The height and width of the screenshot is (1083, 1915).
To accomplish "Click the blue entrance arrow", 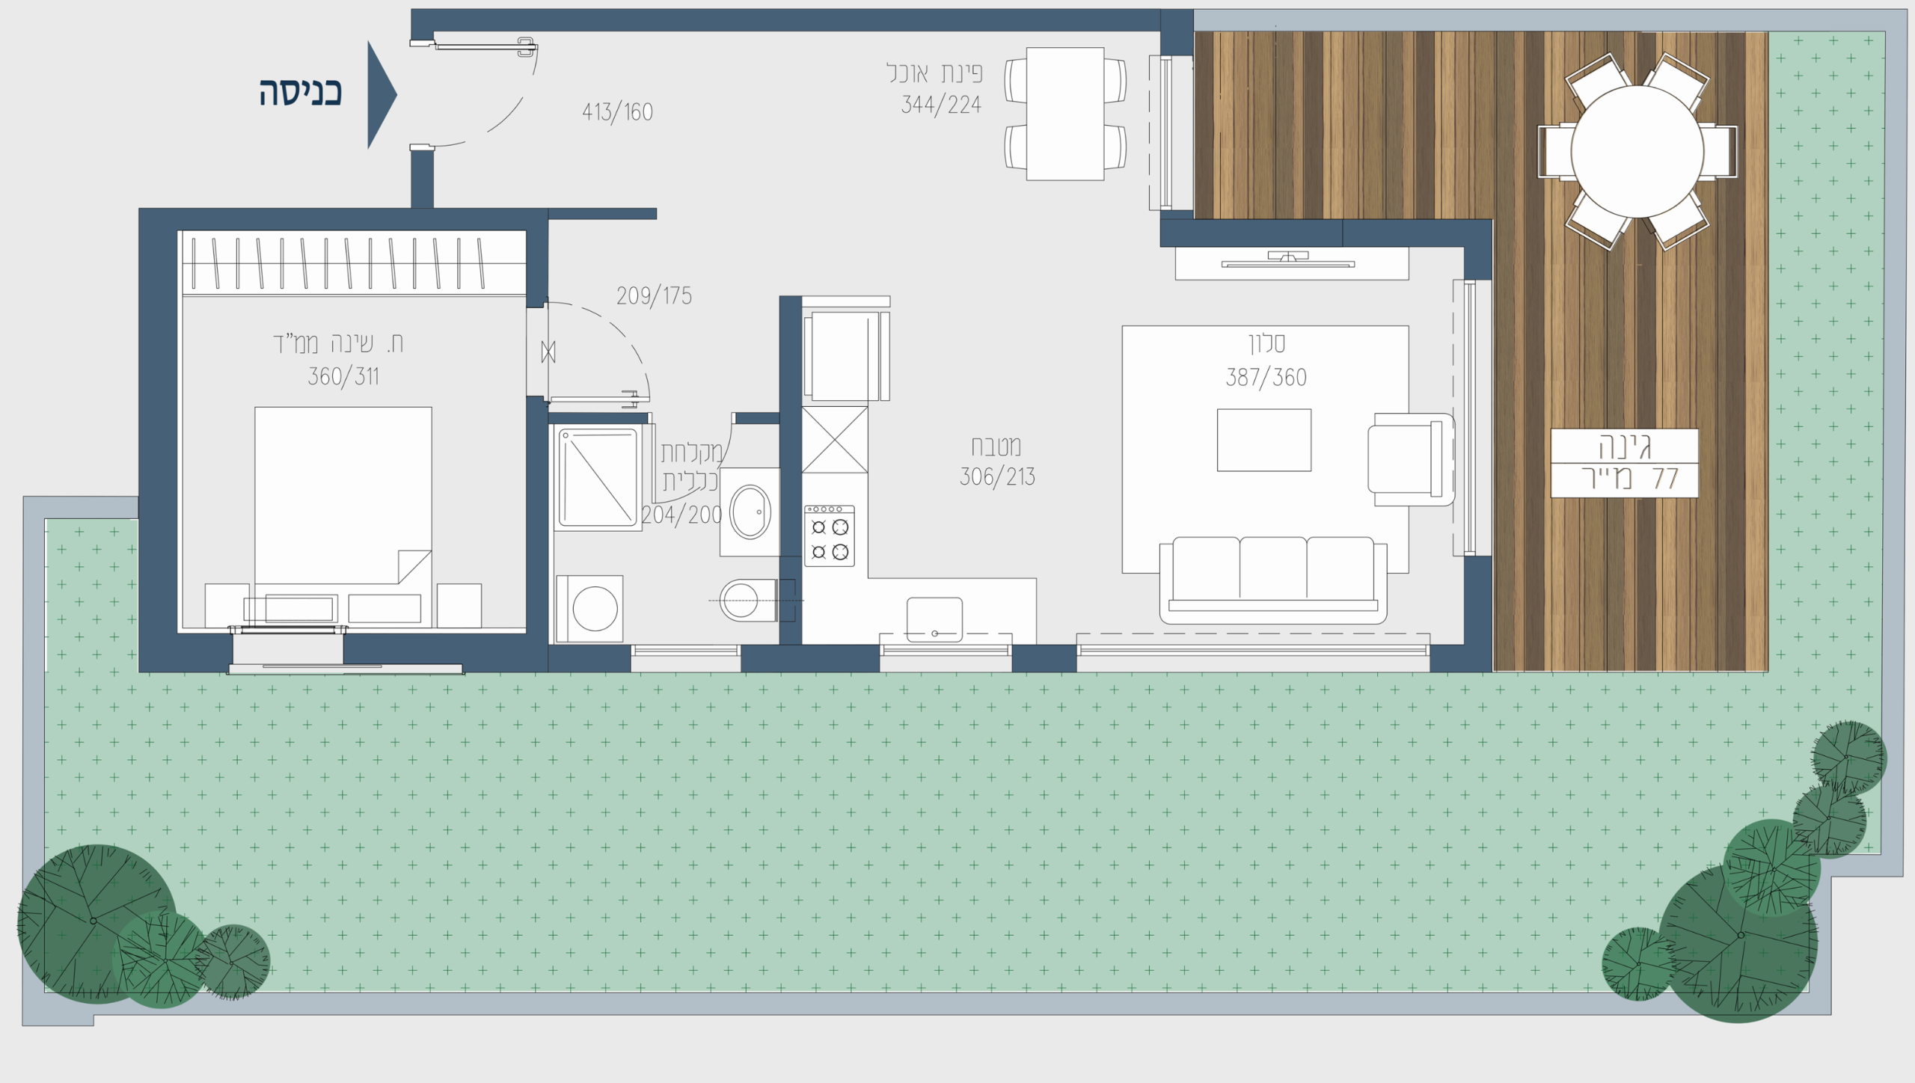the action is [x=380, y=95].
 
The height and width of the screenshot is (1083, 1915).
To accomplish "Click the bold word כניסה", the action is [x=301, y=93].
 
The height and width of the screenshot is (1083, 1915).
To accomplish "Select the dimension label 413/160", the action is [x=617, y=112].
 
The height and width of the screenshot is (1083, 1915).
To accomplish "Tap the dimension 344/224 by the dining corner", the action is [x=941, y=105].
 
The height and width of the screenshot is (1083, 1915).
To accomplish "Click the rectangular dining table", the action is [x=1065, y=114].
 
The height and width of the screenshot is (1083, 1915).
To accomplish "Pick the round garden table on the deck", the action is [x=1637, y=151].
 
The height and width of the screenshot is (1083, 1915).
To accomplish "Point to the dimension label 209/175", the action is [x=654, y=296].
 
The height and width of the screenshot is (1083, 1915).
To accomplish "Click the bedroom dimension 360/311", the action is [x=343, y=376].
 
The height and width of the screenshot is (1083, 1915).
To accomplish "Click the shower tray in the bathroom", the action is [x=597, y=477].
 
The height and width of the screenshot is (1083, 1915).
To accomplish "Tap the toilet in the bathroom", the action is [x=749, y=600].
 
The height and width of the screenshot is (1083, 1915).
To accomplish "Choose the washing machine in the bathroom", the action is [x=590, y=608].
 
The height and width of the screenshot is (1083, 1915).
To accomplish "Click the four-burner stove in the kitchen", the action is [x=829, y=536].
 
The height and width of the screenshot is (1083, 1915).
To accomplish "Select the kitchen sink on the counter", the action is [x=934, y=619].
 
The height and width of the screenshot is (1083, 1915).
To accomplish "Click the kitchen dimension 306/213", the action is [x=997, y=476].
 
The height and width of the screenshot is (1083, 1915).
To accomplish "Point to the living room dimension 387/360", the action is [x=1266, y=377].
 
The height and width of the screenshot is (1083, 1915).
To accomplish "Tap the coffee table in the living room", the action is [x=1264, y=440].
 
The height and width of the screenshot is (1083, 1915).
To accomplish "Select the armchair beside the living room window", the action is [x=1411, y=459].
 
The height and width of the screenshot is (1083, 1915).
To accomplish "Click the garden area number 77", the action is [x=1665, y=479].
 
